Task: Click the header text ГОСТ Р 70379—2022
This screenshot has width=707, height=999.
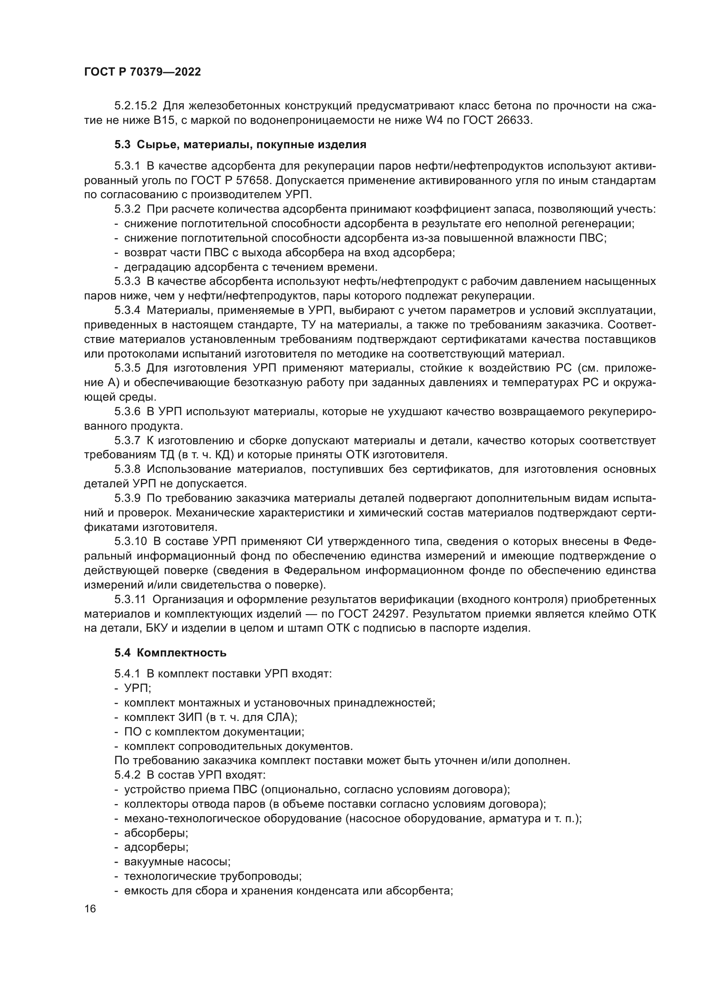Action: tap(142, 72)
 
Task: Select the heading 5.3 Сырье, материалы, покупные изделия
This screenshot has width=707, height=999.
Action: tap(240, 145)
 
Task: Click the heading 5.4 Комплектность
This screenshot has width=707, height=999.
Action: tap(170, 653)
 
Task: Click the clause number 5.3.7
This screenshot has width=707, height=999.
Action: tap(127, 441)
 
